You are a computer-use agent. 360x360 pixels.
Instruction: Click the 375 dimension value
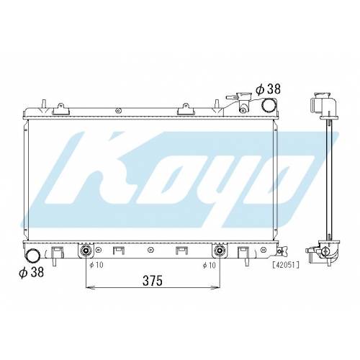click(153, 281)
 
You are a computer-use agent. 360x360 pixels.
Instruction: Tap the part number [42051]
click(286, 265)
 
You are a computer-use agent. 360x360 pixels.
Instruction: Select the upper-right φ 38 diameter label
click(268, 89)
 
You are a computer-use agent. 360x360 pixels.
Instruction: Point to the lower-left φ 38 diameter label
click(32, 272)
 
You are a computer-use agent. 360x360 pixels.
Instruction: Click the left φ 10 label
click(96, 265)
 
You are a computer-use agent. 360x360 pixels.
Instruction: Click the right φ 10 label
click(209, 265)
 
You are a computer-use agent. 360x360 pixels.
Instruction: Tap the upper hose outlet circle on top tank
click(268, 105)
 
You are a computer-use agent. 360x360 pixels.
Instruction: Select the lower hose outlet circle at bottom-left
click(32, 256)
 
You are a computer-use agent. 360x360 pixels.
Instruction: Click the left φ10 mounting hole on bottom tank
click(86, 251)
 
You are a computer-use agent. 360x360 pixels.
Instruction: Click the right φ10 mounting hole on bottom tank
click(219, 251)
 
